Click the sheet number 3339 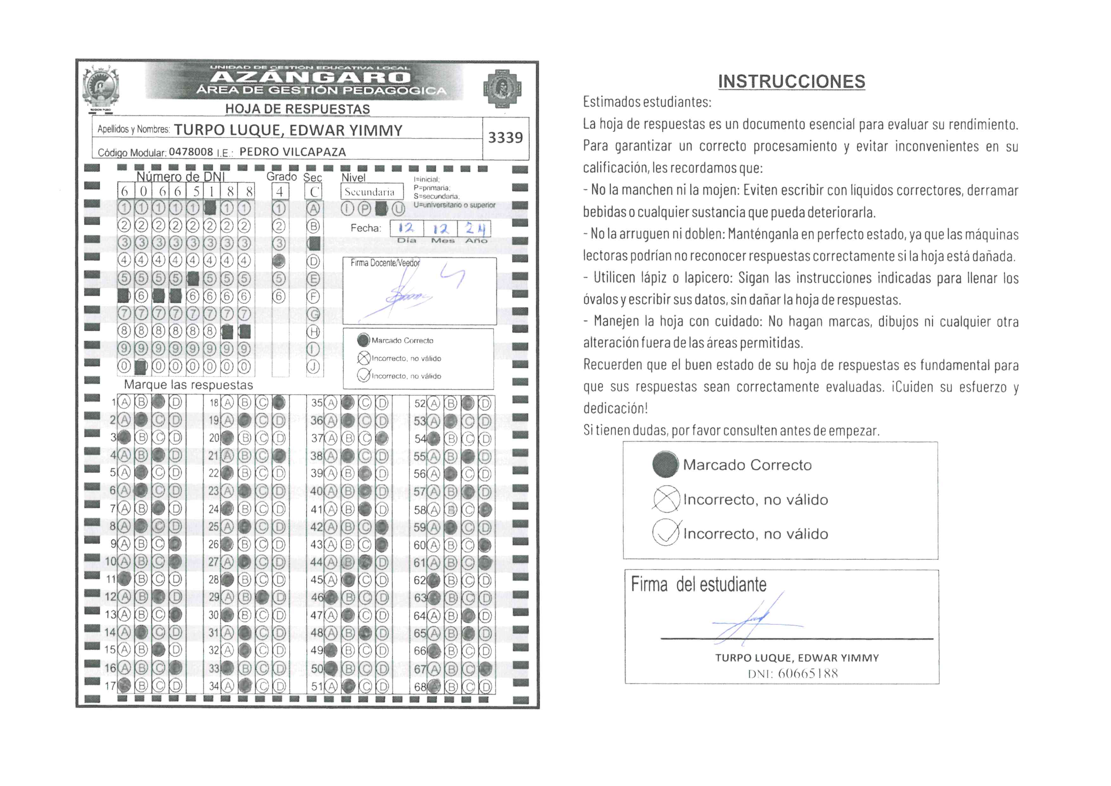pyautogui.click(x=505, y=138)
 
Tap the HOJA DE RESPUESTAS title pyautogui.click(x=297, y=109)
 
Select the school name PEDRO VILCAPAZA pyautogui.click(x=293, y=152)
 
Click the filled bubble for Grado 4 pyautogui.click(x=279, y=261)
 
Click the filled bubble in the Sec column pyautogui.click(x=314, y=243)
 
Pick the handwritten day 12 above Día pyautogui.click(x=406, y=228)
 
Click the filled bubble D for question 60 pyautogui.click(x=484, y=545)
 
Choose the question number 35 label pyautogui.click(x=316, y=403)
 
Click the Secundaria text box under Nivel pyautogui.click(x=371, y=192)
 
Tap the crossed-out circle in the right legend pyautogui.click(x=666, y=499)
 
